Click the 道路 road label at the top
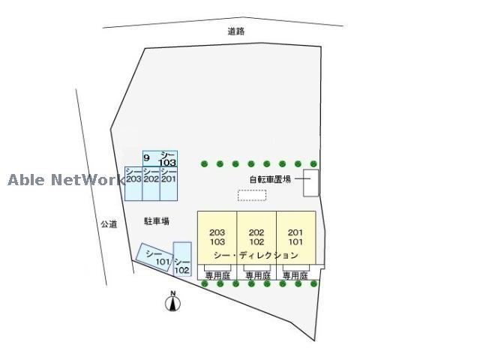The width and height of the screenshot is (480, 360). point(235,31)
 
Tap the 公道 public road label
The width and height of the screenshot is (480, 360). point(109,224)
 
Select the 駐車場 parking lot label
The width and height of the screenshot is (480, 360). point(157,221)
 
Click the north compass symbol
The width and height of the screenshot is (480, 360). point(173,301)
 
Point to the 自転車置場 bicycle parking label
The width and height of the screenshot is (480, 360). point(270,179)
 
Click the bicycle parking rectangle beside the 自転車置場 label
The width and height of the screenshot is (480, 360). point(310,183)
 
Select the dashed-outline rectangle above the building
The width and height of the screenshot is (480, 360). point(252,195)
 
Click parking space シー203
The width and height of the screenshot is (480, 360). point(133,184)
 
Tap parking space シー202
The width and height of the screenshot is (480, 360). point(151,184)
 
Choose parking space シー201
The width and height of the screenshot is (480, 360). point(169,184)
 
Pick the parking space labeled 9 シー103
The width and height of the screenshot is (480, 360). point(160,158)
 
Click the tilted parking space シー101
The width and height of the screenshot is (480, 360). point(154,257)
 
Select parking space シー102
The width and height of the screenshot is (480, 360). point(182,259)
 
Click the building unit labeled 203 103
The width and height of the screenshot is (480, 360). point(217,237)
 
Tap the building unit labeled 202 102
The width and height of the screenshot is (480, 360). point(256,237)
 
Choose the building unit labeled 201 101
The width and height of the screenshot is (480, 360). point(296,237)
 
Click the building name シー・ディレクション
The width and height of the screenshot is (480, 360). point(256,255)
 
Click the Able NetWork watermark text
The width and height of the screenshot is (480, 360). point(67,180)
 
